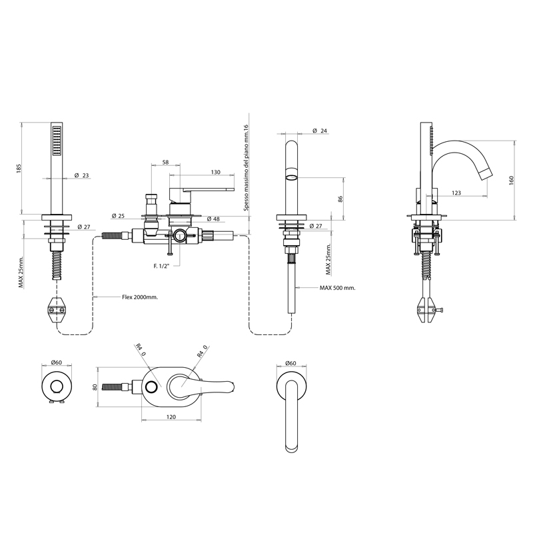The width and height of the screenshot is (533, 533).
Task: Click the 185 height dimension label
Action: (x=19, y=169)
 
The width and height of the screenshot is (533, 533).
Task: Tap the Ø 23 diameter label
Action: (x=81, y=175)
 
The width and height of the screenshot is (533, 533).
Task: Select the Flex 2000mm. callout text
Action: (x=140, y=297)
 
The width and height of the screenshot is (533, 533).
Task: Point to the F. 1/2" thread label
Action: (x=161, y=266)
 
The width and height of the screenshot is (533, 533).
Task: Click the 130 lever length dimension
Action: (x=215, y=172)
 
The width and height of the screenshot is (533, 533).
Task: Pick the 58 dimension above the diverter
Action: (x=165, y=163)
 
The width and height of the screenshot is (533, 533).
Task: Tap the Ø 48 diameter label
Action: (x=213, y=219)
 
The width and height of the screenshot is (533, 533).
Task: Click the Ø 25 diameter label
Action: (x=119, y=216)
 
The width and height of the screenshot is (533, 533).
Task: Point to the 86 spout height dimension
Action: (x=341, y=199)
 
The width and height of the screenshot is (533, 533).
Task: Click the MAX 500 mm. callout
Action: (x=337, y=288)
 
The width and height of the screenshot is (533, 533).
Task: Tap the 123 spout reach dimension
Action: (x=456, y=193)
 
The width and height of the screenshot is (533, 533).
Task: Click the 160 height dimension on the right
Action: (x=512, y=181)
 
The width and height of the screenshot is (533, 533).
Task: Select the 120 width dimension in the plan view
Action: (x=171, y=417)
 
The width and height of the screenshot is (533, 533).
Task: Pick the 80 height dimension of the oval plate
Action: (x=95, y=387)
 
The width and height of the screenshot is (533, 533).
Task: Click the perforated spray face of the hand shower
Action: (x=57, y=141)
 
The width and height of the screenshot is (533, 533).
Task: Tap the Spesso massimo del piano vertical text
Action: (x=247, y=168)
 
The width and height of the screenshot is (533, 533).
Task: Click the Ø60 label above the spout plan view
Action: (x=290, y=363)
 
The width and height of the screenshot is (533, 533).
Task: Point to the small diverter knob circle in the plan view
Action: (x=152, y=386)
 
